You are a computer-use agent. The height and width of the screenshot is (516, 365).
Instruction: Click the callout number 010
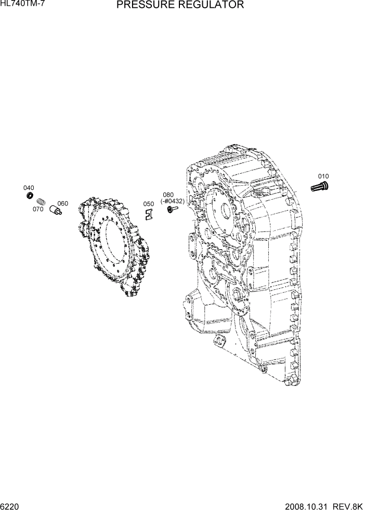pos(323,176)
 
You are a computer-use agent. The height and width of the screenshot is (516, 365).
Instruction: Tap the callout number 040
pos(29,188)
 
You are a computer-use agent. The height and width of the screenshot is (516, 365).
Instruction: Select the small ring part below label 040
pos(30,196)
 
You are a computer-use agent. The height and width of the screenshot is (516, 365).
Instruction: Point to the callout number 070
pos(38,209)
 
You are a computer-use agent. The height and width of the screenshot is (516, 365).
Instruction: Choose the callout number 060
pos(62,203)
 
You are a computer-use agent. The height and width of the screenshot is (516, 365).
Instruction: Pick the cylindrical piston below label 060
pos(55,211)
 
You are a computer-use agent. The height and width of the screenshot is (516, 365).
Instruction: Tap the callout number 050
pos(149,204)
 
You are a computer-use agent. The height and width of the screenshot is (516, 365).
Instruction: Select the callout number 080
pos(168,195)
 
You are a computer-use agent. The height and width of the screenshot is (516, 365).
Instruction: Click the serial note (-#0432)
pos(172,201)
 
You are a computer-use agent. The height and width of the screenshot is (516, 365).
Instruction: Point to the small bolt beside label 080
pos(172,209)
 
